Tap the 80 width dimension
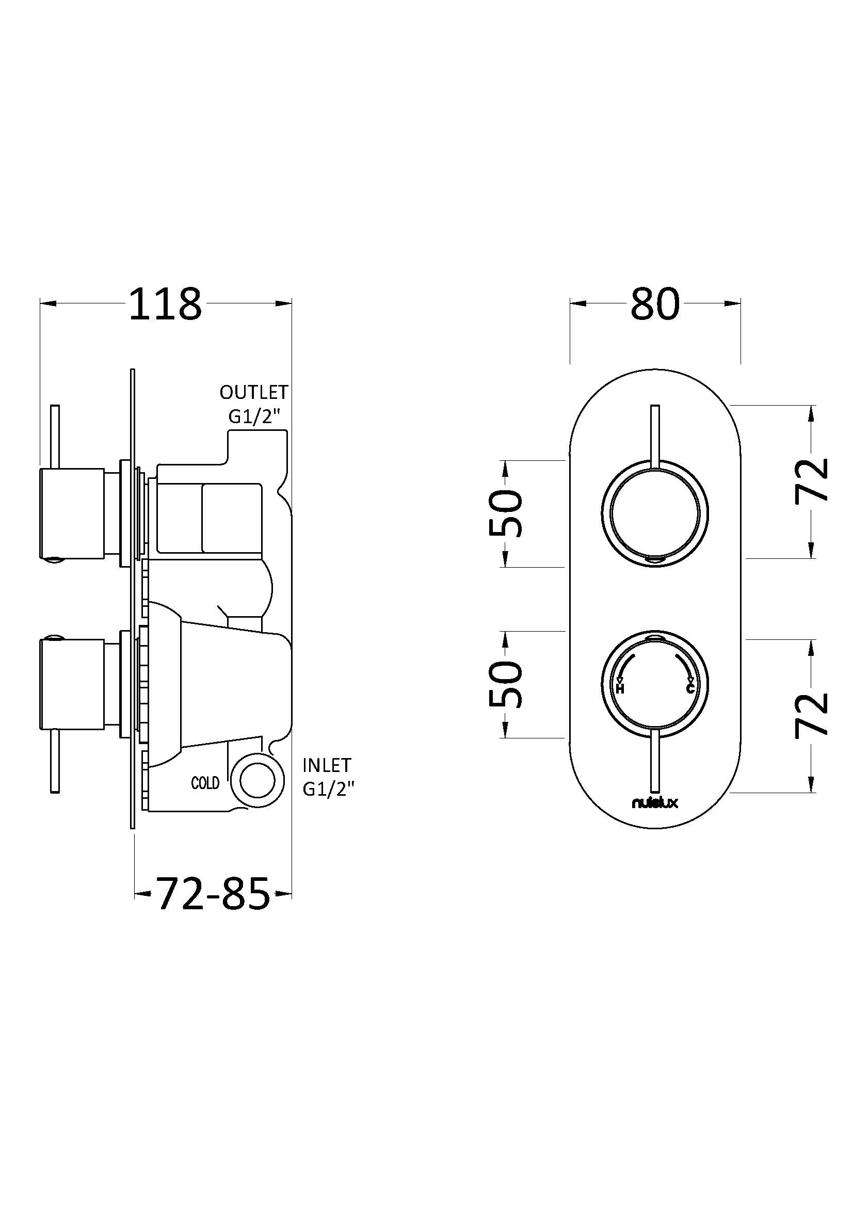pos(655,303)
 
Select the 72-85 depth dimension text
pos(213,893)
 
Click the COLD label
pos(205,783)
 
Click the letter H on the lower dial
pos(620,688)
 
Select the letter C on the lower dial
pos(690,688)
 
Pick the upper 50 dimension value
pos(506,513)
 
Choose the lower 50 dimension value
pos(506,684)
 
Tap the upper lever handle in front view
pos(655,437)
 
